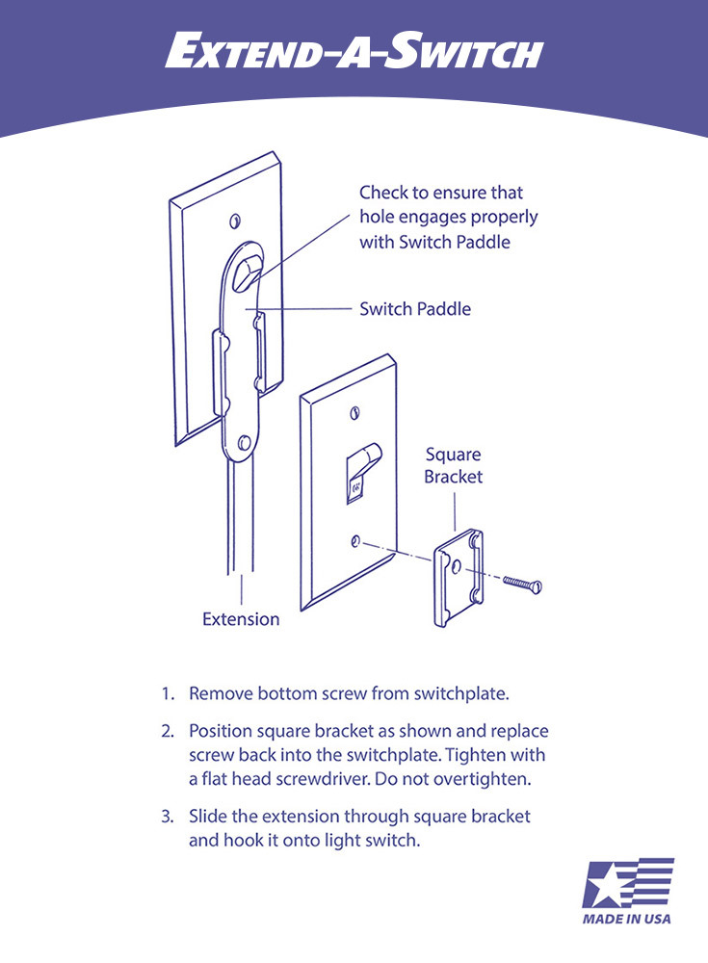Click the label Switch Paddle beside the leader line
tap(415, 309)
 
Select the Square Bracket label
tap(453, 465)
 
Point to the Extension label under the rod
tap(241, 619)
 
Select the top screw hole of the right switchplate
tap(357, 411)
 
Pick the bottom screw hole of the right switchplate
tap(357, 542)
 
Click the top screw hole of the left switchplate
tap(235, 222)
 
